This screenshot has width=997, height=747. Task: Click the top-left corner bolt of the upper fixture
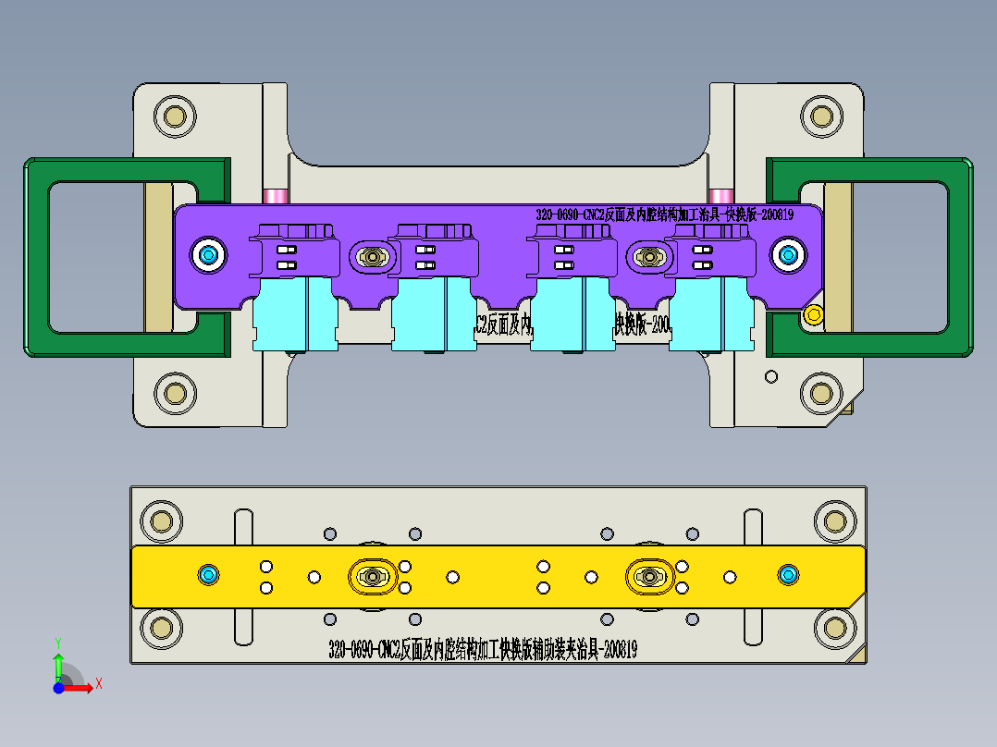[173, 116]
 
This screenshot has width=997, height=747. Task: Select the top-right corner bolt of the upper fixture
[819, 116]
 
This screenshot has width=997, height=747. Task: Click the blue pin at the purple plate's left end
[208, 254]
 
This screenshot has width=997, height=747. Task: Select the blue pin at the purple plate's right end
[788, 254]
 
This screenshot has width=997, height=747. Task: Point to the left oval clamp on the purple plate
[373, 256]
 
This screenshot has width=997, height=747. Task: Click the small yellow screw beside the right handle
[813, 314]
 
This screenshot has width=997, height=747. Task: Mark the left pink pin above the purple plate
[275, 196]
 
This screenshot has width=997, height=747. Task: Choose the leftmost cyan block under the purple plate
[294, 314]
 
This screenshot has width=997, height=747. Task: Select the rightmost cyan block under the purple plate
[710, 314]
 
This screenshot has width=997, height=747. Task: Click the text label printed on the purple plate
[664, 214]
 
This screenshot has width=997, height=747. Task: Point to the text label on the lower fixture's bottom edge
[482, 650]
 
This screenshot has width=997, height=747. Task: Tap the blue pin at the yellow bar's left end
[208, 576]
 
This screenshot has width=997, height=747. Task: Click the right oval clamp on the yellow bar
[649, 577]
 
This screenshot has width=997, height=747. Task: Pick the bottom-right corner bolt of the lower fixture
[831, 630]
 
